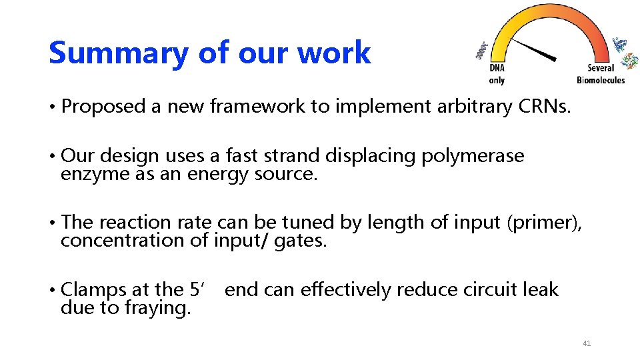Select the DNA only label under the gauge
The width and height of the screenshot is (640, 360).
[497, 74]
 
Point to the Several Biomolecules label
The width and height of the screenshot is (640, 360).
[601, 74]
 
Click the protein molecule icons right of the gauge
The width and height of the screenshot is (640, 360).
[625, 53]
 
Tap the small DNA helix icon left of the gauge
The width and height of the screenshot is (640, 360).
[481, 51]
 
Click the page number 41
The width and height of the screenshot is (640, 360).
[587, 343]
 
